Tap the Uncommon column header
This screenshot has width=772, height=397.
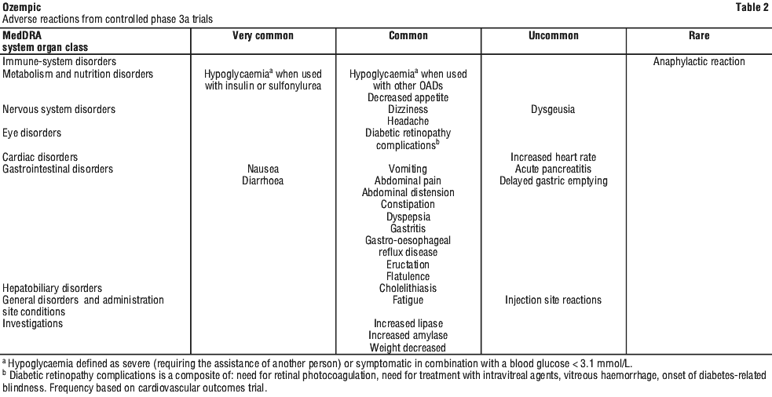coord(553,36)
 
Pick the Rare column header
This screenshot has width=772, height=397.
coord(699,36)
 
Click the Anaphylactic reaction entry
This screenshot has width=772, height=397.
coord(699,62)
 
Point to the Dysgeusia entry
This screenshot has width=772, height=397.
coord(553,110)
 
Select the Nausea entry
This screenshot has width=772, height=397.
coord(262,169)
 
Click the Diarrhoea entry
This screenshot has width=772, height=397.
coord(262,180)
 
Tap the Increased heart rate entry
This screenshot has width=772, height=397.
coord(553,157)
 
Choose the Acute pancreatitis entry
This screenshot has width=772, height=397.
coord(553,169)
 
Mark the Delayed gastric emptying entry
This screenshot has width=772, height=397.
coord(553,180)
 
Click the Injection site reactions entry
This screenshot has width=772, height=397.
coord(553,300)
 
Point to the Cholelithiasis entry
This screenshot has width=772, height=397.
coord(408,288)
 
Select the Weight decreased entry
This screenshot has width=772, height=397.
coord(408,348)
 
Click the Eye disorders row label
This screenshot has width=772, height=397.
coord(32,133)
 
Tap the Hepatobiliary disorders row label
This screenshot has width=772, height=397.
coord(53,288)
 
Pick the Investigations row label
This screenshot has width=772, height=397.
coord(33,323)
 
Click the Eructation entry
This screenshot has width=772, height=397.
coord(408,264)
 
